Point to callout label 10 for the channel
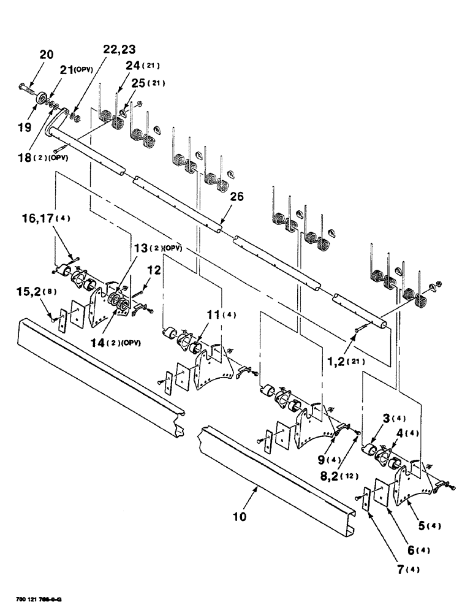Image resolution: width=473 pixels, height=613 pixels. pos(240,516)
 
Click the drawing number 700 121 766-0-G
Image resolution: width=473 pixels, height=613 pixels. pos(38,598)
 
